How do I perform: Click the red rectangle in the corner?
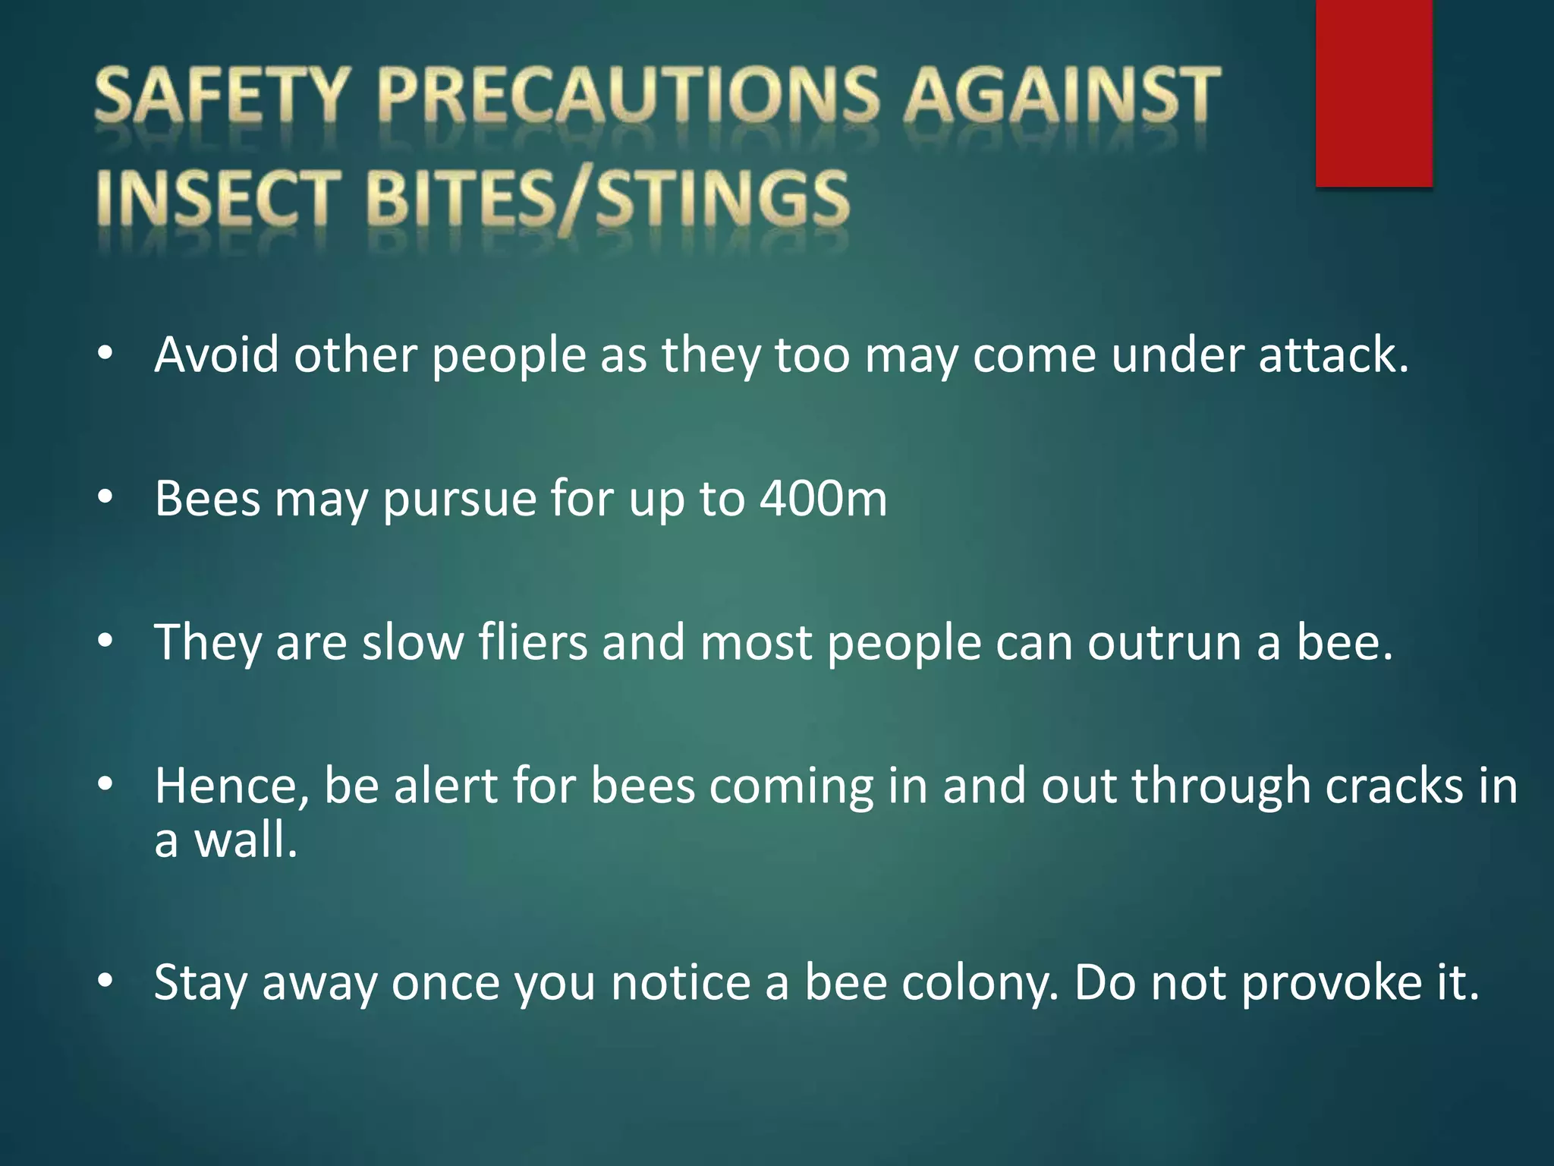1373,93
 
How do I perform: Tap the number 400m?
823,499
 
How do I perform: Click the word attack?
1333,355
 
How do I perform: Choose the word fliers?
533,642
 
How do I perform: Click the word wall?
245,840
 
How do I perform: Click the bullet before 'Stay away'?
105,981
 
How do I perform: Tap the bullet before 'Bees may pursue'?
105,497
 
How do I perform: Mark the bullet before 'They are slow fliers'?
105,641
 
